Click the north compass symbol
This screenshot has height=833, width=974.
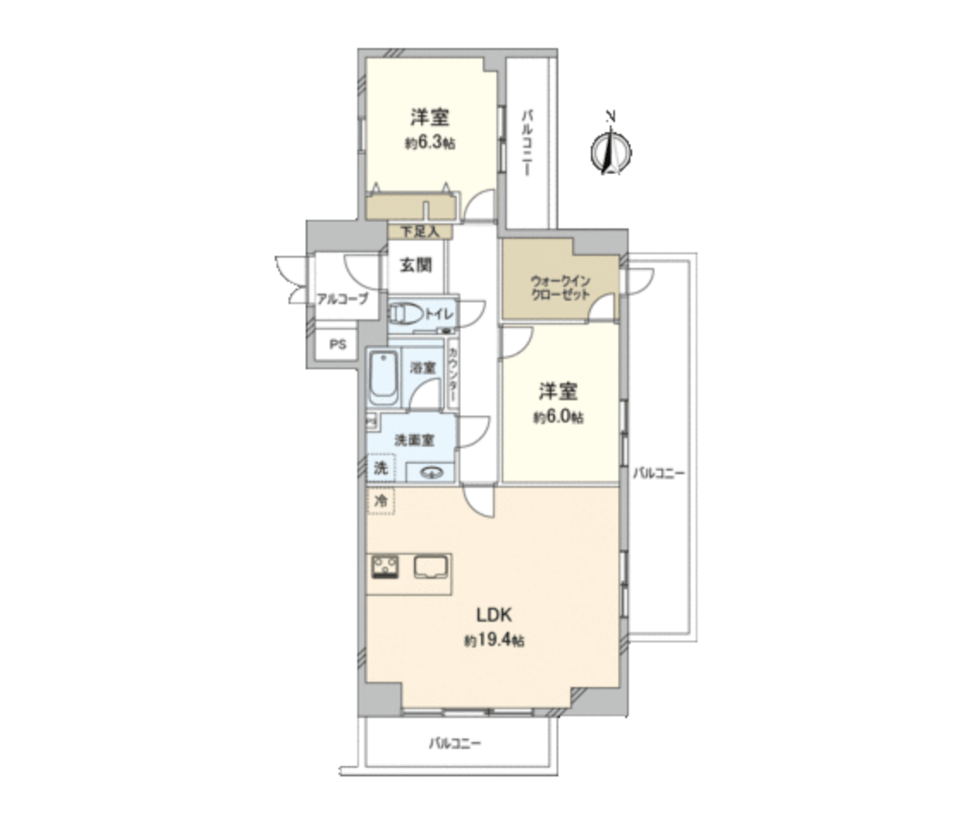click(611, 151)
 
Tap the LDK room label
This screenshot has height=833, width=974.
click(495, 616)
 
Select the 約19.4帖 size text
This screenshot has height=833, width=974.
click(495, 641)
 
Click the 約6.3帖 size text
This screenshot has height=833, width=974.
click(429, 143)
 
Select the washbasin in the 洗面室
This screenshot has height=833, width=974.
click(429, 471)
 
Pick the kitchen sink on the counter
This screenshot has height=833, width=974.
click(431, 567)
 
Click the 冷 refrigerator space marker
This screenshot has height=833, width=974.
click(380, 500)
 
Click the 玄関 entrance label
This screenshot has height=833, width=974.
click(415, 265)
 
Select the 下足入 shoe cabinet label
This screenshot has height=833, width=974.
click(419, 231)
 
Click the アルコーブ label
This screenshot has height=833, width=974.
click(342, 299)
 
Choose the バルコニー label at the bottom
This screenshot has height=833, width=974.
click(455, 744)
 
